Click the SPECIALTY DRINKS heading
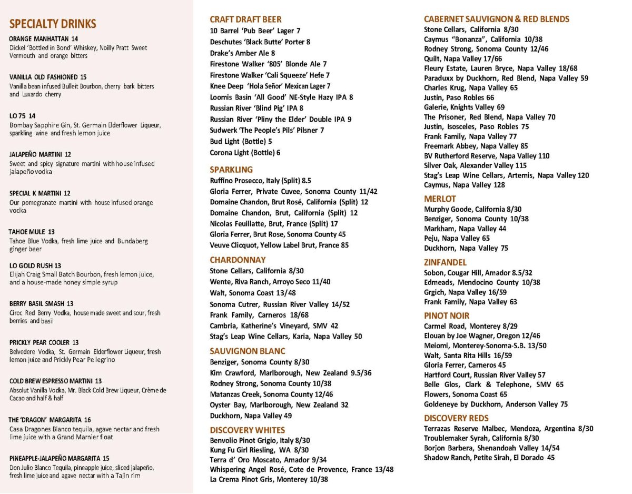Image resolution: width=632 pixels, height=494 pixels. (x=53, y=24)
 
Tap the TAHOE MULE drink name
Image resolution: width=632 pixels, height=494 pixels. (x=27, y=232)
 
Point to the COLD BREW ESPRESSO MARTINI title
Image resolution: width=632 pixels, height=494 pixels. (x=51, y=381)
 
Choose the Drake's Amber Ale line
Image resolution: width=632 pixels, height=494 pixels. (x=242, y=53)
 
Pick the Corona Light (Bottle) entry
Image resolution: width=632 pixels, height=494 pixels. (x=245, y=153)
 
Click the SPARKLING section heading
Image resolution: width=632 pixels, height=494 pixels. (x=231, y=170)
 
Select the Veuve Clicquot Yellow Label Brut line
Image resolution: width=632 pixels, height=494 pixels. (x=279, y=245)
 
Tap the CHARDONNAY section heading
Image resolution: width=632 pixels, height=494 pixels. (x=238, y=260)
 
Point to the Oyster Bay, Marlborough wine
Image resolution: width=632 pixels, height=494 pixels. (x=279, y=405)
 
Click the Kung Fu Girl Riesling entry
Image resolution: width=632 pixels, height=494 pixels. (x=259, y=450)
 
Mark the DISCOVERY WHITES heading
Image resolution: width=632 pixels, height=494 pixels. (x=247, y=430)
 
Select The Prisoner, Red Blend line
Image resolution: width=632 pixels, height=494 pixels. (x=489, y=117)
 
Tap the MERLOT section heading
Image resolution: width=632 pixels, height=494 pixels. (x=440, y=199)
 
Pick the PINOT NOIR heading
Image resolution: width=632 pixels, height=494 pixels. (x=447, y=316)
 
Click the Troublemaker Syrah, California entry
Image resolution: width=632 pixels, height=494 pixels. (x=481, y=438)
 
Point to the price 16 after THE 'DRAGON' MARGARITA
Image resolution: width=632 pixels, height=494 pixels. (x=87, y=420)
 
